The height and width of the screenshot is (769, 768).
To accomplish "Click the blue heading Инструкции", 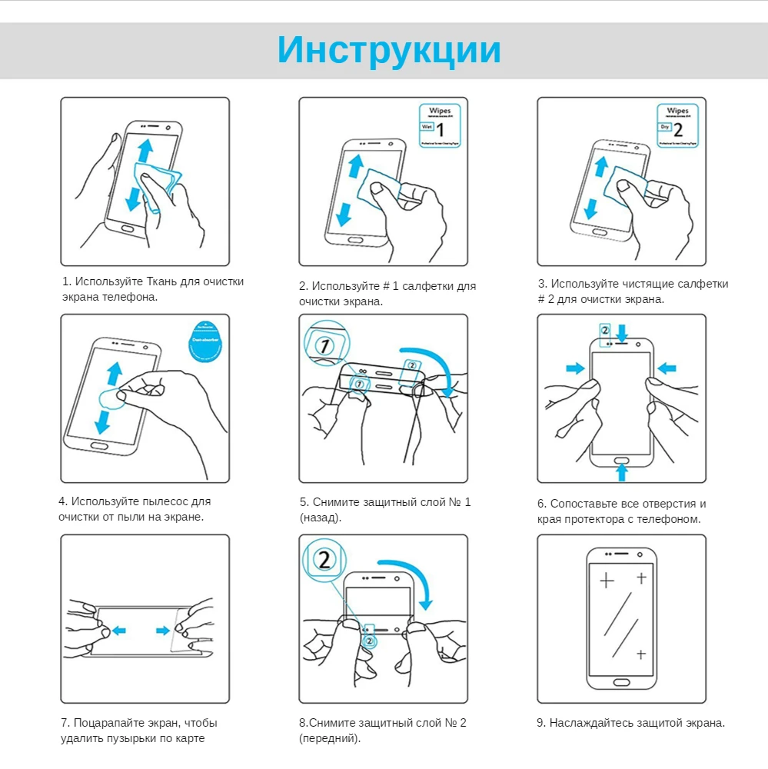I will point(389,50).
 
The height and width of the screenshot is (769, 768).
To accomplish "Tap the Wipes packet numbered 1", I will point(438,126).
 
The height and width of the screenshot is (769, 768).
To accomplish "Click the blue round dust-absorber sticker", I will point(205,339).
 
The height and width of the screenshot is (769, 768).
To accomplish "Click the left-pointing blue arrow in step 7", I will point(118,631).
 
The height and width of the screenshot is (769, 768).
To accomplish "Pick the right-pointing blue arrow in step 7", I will point(163,631).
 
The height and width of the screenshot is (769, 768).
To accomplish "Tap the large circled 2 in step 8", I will point(324,559).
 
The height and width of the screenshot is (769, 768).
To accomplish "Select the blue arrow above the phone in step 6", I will point(622,331).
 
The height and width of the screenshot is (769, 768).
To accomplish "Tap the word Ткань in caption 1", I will point(161,281).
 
